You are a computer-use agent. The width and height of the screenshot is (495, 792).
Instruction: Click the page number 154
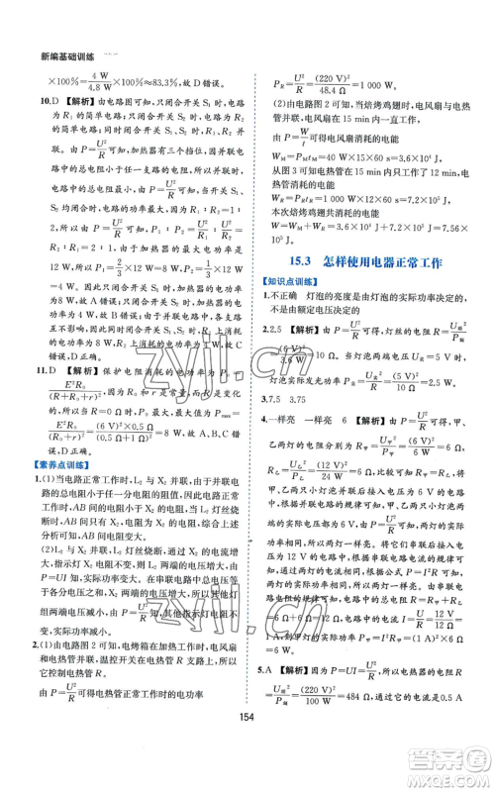coord(247,743)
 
